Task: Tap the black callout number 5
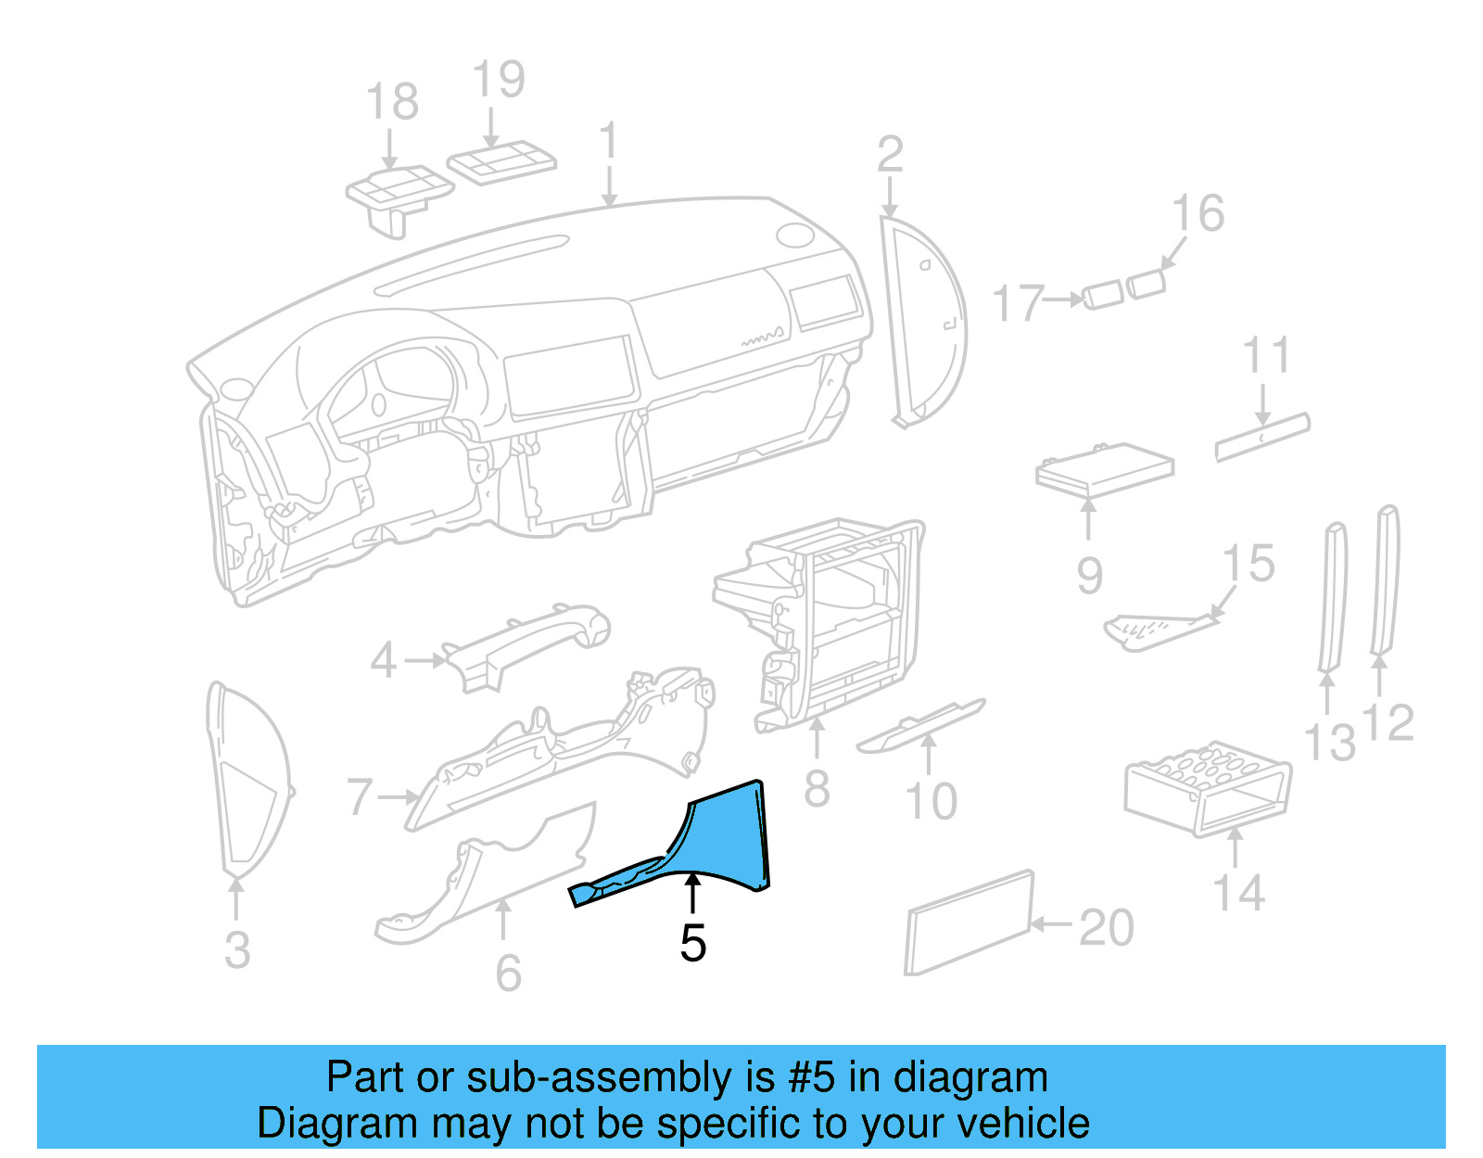pyautogui.click(x=692, y=943)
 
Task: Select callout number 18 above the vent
pyautogui.click(x=392, y=102)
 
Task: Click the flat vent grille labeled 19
pyautogui.click(x=501, y=162)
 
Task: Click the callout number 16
pyautogui.click(x=1198, y=214)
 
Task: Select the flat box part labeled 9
pyautogui.click(x=1103, y=468)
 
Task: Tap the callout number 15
pyautogui.click(x=1249, y=565)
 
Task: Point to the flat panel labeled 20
pyautogui.click(x=969, y=923)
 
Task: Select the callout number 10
pyautogui.click(x=931, y=801)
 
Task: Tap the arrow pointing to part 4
pyautogui.click(x=426, y=661)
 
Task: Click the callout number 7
pyautogui.click(x=360, y=797)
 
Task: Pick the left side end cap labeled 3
pyautogui.click(x=246, y=779)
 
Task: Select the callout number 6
pyautogui.click(x=508, y=973)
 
